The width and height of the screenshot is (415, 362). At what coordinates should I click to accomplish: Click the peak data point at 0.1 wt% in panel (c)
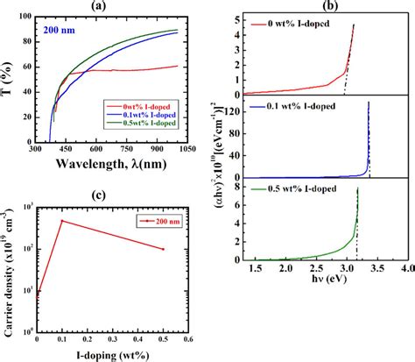click(x=61, y=221)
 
